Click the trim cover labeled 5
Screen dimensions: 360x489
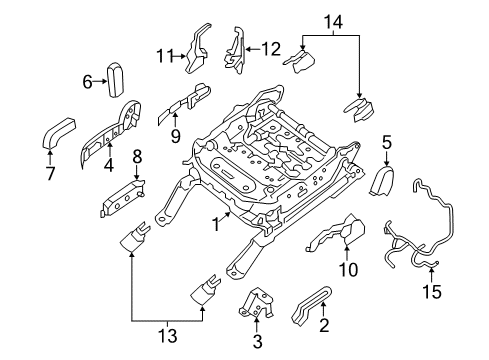point(386,181)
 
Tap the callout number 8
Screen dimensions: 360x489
point(137,156)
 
